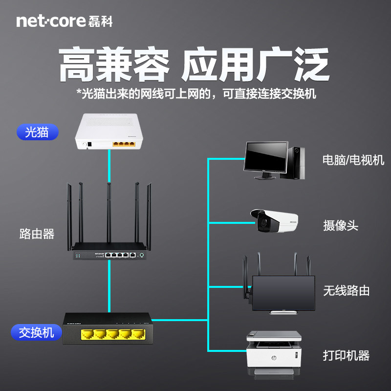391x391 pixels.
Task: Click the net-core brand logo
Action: pos(65,21)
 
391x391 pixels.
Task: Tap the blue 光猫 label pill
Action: pos(38,132)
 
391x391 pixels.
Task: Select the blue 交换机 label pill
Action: pos(36,332)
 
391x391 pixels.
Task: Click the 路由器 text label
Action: pos(37,234)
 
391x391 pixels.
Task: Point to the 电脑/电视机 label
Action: pos(353,160)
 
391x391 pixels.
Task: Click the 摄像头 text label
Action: pos(341,225)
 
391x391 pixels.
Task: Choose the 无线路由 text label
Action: pos(347,290)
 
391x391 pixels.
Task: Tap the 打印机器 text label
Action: pos(346,356)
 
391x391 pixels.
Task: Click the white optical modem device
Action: pos(109,131)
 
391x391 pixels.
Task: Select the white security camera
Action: pos(274,221)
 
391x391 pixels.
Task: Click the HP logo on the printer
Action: pos(274,358)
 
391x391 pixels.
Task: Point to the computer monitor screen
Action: pos(266,156)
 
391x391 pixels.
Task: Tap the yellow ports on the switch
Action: pos(113,334)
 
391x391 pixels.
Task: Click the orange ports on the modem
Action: pos(124,144)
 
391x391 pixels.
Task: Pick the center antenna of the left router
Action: pos(109,213)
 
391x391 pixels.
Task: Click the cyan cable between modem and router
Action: pos(109,166)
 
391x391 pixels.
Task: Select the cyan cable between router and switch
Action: pos(109,286)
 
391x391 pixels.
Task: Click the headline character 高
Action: pos(77,65)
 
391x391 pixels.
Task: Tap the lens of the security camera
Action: pos(263,222)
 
